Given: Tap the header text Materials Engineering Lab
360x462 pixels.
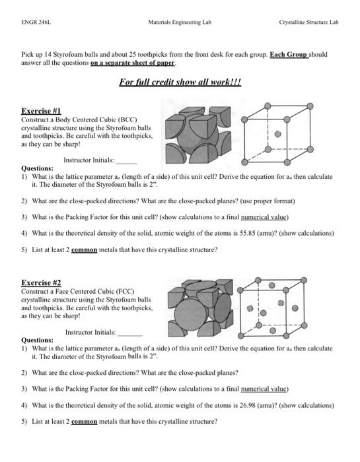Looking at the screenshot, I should pyautogui.click(x=179, y=22).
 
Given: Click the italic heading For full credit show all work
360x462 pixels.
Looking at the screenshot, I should pyautogui.click(x=180, y=83).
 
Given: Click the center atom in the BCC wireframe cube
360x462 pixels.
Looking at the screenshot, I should pyautogui.click(x=277, y=133).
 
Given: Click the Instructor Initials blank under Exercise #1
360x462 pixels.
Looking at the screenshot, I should pyautogui.click(x=127, y=160).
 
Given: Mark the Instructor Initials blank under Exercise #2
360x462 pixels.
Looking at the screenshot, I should pyautogui.click(x=129, y=332).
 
